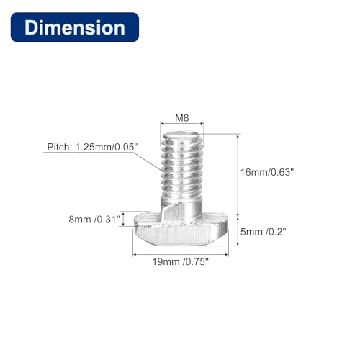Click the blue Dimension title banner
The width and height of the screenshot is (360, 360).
[x=75, y=28]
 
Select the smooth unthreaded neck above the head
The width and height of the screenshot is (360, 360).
[x=184, y=210]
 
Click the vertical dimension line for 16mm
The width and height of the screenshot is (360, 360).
[x=237, y=173]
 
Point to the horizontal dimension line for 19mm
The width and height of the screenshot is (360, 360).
[x=180, y=254]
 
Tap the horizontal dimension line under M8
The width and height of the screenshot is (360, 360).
[x=181, y=126]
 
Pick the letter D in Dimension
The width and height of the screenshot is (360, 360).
[x=30, y=28]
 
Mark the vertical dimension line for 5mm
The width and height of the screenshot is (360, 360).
[x=237, y=232]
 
